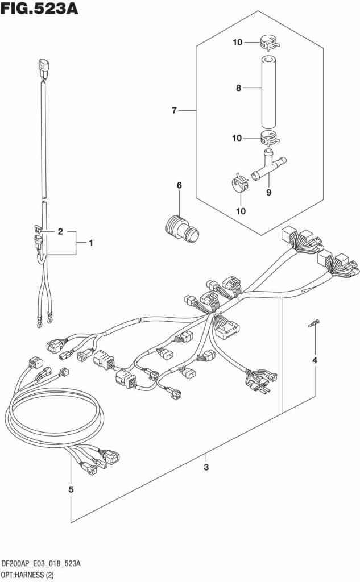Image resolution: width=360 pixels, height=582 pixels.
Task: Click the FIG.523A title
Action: coord(39,9)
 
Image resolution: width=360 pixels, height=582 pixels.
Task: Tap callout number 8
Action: coord(239,88)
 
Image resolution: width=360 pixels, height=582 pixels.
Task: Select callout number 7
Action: coord(175,110)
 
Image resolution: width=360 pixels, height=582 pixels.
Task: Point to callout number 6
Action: coord(179,185)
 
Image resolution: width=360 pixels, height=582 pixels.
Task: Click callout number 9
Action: coord(268,193)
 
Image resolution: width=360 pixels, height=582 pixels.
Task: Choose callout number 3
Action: coord(206,467)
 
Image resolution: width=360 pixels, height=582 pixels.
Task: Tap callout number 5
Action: coord(71,489)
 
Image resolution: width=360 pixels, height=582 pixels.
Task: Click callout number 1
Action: coord(90,243)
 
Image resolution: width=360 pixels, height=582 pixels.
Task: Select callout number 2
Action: coord(60,232)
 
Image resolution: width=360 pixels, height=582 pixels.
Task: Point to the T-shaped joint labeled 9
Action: coord(269,165)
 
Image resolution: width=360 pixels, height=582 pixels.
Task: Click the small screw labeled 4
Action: coord(313,325)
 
